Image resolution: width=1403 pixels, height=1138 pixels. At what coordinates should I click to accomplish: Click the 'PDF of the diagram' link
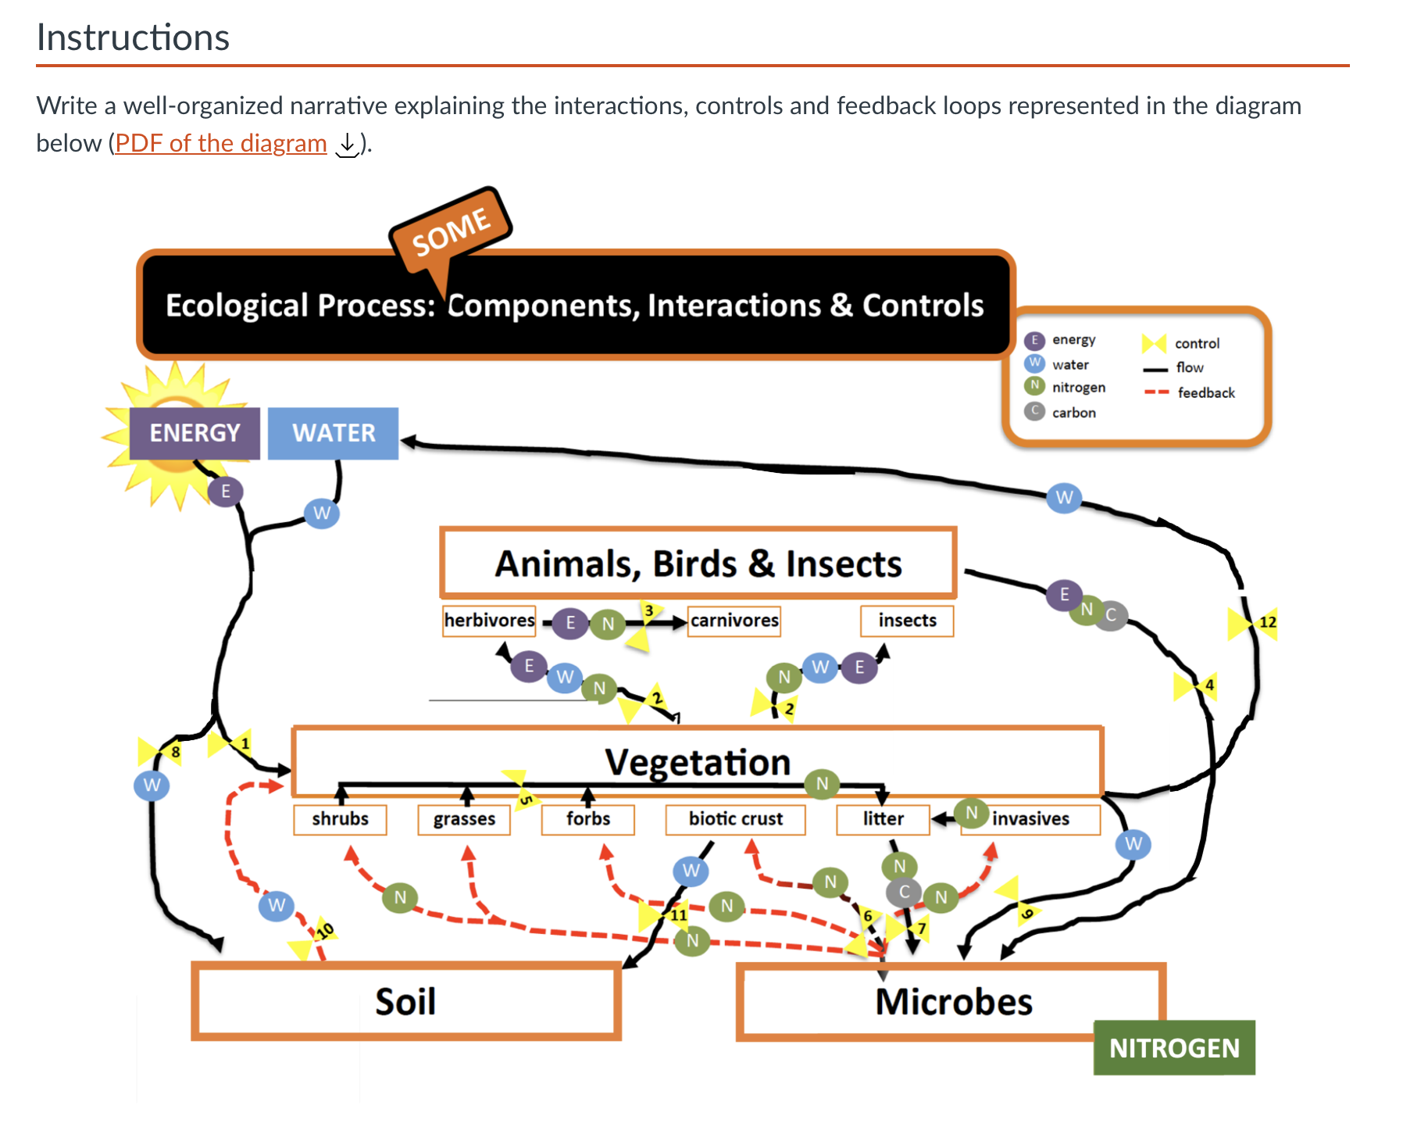221,143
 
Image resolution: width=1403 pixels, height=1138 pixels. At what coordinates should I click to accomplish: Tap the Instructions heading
133,38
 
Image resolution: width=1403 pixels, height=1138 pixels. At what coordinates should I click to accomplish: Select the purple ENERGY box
195,433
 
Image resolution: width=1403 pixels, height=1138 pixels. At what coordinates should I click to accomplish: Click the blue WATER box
334,433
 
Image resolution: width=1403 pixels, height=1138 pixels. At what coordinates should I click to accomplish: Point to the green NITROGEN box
1174,1048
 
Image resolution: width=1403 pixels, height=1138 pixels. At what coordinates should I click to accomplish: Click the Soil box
406,1001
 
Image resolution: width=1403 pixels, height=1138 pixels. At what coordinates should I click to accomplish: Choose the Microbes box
951,1002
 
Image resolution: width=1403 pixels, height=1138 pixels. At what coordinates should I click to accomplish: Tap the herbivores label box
489,621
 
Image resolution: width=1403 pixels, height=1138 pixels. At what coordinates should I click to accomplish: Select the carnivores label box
734,621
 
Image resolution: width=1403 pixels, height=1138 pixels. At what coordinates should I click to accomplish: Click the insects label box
907,621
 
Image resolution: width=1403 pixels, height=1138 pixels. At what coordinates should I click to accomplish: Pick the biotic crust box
735,819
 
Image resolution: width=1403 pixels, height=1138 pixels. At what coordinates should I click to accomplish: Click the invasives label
1030,819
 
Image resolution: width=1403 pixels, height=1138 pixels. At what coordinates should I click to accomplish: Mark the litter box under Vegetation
883,819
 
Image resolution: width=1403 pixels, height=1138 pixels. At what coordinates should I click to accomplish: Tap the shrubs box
340,819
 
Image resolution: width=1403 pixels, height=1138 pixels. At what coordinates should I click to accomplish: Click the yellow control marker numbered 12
1252,623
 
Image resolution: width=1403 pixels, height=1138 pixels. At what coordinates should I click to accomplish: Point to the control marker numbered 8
160,752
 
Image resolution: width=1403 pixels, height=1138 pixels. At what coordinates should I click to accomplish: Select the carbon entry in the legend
1061,412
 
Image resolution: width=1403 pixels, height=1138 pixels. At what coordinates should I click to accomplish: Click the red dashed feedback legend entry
1190,392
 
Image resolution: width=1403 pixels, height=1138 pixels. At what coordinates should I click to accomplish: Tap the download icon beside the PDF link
346,144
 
